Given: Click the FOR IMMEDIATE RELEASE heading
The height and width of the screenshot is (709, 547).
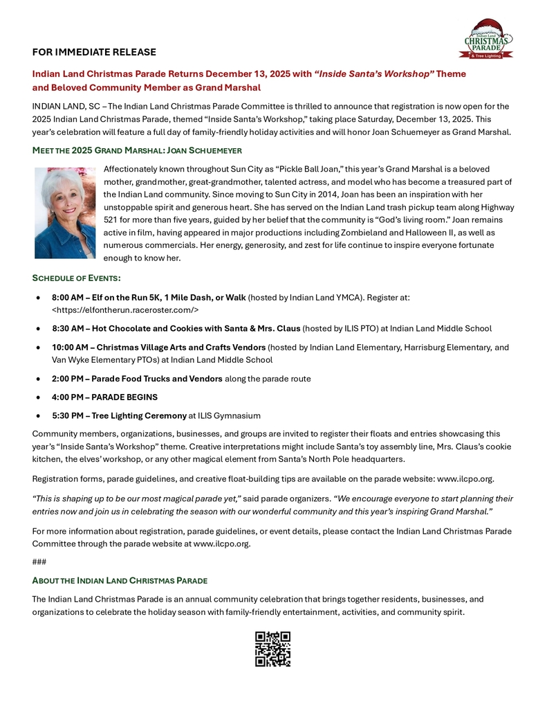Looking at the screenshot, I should click(x=94, y=52).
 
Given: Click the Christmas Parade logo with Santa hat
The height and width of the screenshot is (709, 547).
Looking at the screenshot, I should click(x=486, y=39).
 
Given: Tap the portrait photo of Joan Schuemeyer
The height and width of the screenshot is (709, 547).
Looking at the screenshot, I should click(x=65, y=213).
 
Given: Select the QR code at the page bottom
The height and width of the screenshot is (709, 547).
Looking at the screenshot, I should click(x=272, y=649).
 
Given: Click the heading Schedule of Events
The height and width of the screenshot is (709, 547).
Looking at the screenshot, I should click(x=76, y=278).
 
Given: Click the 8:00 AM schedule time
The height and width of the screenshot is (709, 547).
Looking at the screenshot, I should click(x=68, y=297).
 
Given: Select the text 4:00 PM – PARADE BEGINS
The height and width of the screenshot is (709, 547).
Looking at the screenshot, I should click(x=104, y=397).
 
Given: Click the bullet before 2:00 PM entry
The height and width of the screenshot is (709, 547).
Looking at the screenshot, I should click(x=38, y=379).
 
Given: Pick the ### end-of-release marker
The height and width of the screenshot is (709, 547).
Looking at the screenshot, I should click(x=39, y=562).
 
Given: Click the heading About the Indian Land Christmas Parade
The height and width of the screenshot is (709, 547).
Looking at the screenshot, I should click(x=120, y=580).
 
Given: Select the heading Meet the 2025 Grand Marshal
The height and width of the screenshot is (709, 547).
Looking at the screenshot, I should click(x=137, y=150).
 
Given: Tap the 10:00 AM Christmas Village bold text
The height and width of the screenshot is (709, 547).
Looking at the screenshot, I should click(x=158, y=348).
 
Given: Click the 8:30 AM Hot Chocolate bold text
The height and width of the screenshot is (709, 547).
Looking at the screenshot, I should click(x=176, y=328).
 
